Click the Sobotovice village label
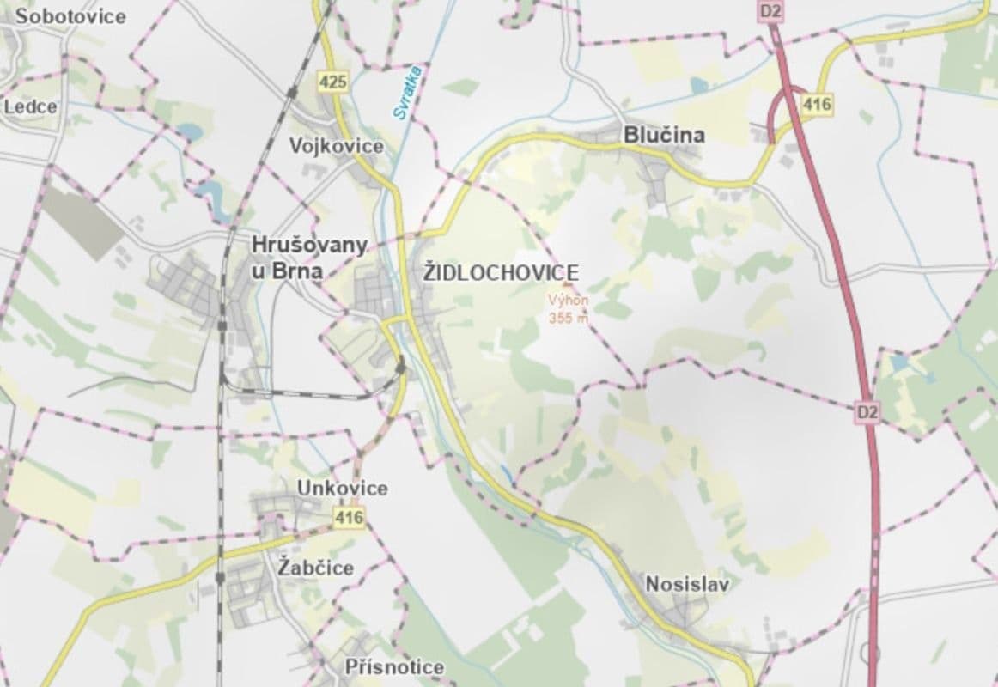(x=64, y=15)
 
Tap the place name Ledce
(x=31, y=106)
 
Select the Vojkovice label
(x=336, y=146)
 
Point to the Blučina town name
(x=664, y=135)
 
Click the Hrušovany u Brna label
(x=309, y=258)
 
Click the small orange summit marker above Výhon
(x=567, y=285)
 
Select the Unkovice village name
(x=342, y=488)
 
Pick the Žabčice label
(x=316, y=568)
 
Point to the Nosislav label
(x=686, y=585)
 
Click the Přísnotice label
(x=394, y=666)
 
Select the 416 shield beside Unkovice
(x=350, y=517)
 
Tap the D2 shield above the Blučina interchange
(x=769, y=11)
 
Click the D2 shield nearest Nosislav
(x=868, y=412)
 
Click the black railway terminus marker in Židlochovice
(x=401, y=368)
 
